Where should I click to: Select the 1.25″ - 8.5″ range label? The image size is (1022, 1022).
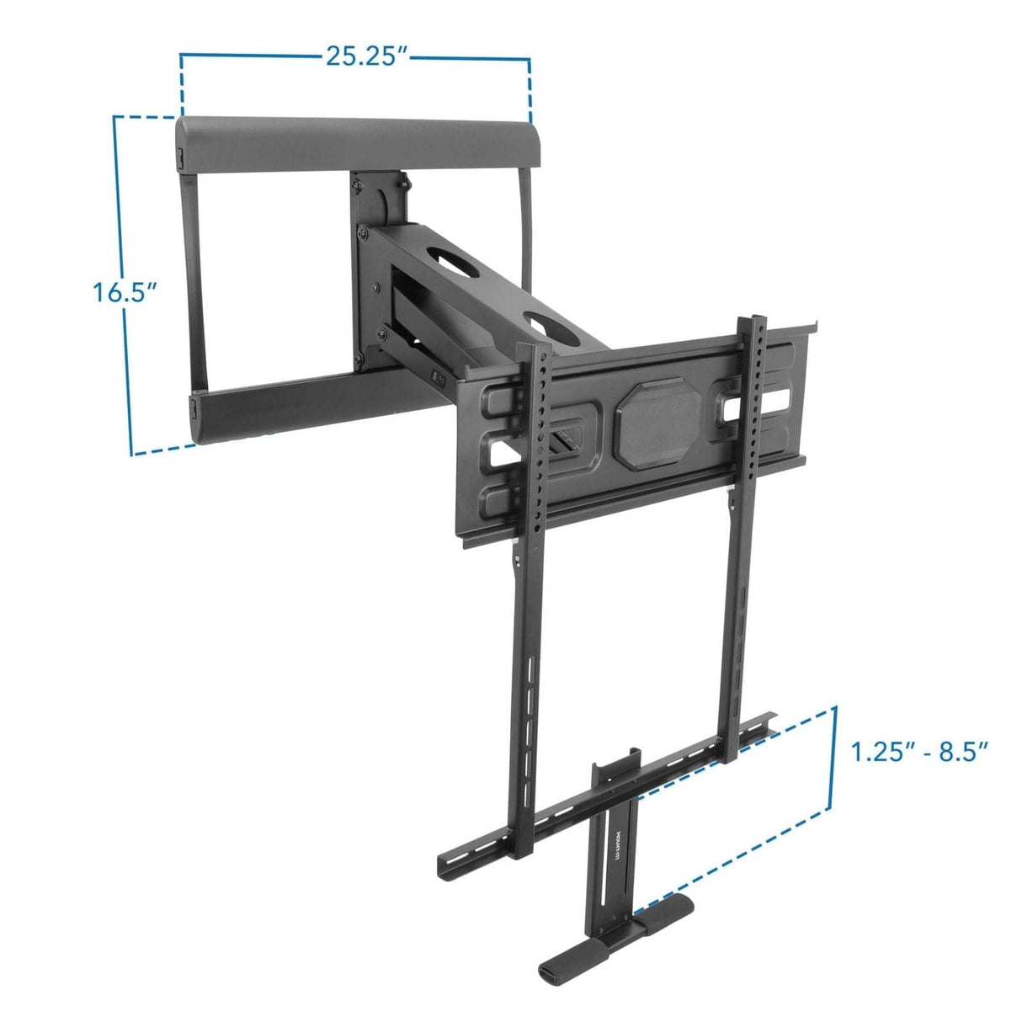click(x=918, y=751)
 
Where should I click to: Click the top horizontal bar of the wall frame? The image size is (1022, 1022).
click(x=354, y=140)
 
